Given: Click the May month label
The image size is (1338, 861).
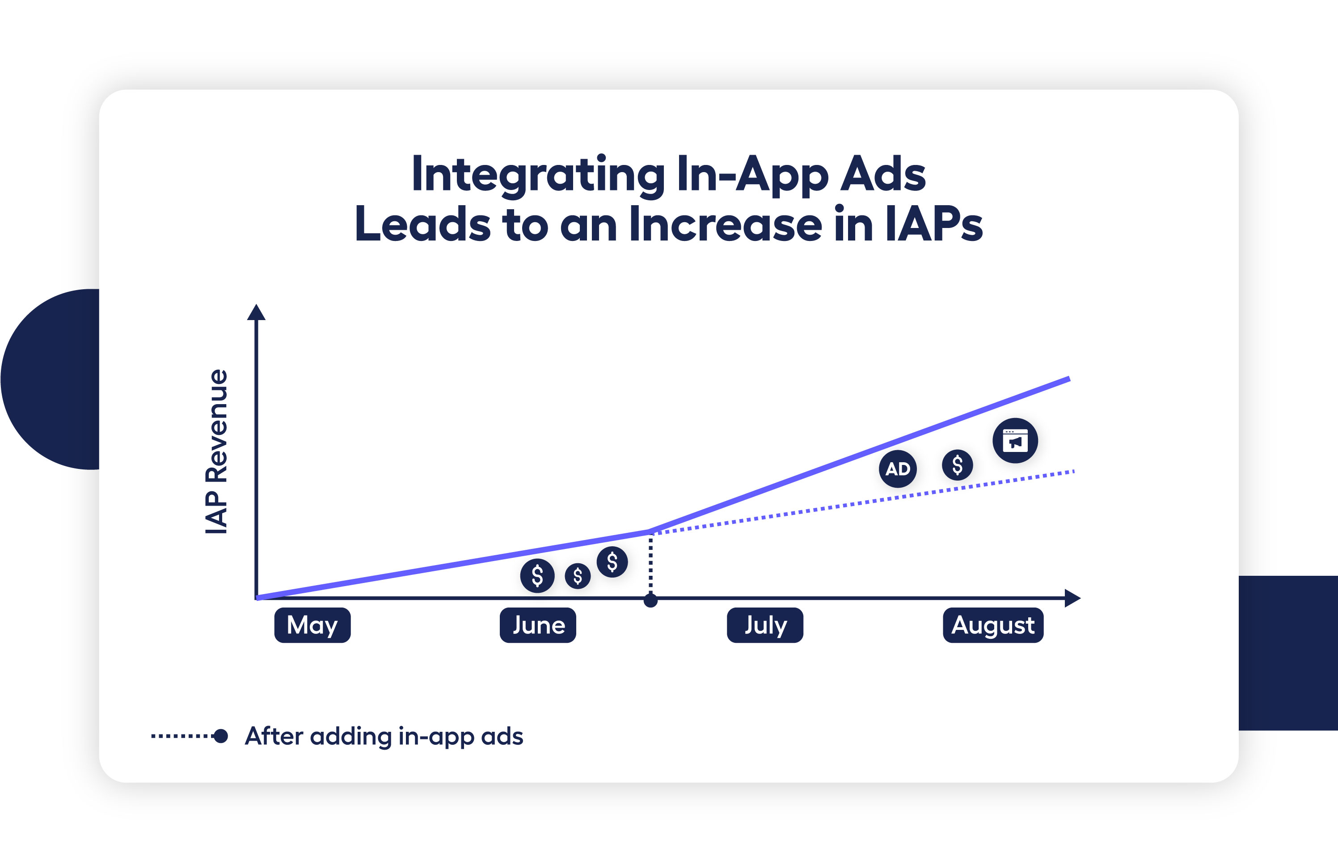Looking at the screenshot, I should coord(312,625).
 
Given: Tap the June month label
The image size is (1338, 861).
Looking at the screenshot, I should coord(538,625).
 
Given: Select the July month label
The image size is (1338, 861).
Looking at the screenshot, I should coord(765,625).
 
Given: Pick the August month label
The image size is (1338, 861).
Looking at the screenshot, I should coord(993,625).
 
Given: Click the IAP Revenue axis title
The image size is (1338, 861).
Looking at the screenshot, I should coord(217,452).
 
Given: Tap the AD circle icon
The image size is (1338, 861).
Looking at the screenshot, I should coord(897,468).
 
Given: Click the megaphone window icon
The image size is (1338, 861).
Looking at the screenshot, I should coord(1015,441).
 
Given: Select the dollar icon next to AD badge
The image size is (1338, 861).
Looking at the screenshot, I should coord(957,464).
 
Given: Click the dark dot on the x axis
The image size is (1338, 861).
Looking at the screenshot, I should coord(650,601).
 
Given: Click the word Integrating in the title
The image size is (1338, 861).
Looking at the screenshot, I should coord(537,174).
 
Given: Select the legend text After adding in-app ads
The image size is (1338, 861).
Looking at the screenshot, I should coord(384,736).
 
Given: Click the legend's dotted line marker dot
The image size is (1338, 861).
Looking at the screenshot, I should coord(221,736).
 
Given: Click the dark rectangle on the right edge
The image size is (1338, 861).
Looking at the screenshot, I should coord(1287,653).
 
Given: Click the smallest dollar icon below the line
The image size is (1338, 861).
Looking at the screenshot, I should coord(578,576).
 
